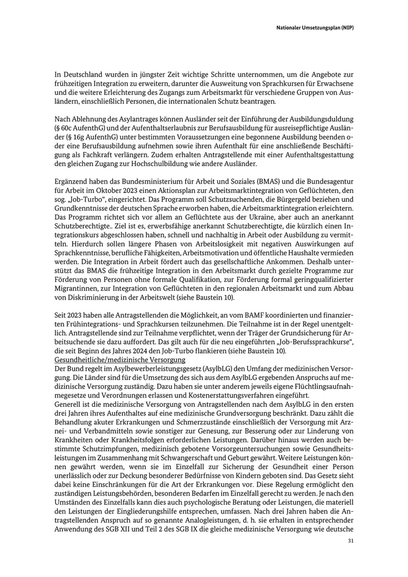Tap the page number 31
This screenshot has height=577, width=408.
[350, 542]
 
